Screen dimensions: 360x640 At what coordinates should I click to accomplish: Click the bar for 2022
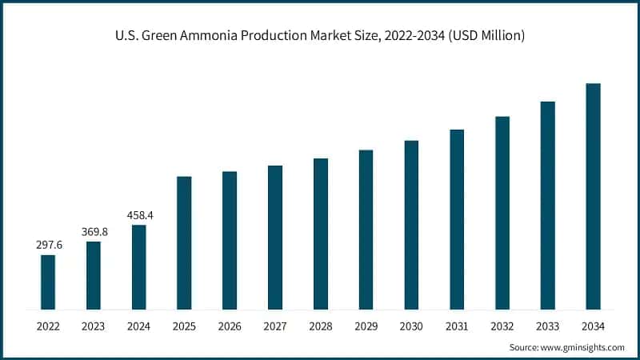(48, 282)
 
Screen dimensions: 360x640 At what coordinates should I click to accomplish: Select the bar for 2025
(184, 242)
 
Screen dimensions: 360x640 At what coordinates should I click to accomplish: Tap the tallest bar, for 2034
(593, 196)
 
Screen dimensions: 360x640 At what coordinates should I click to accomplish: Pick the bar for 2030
(411, 225)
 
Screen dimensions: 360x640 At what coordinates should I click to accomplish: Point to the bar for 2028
(321, 234)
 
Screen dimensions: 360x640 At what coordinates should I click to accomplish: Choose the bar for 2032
(502, 213)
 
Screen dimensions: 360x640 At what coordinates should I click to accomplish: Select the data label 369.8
(94, 232)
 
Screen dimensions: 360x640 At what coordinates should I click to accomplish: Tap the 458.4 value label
(139, 215)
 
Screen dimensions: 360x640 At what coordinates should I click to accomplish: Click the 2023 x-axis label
(94, 326)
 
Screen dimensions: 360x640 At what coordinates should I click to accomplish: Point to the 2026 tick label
(230, 326)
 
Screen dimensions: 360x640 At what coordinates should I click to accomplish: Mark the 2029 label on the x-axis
(366, 326)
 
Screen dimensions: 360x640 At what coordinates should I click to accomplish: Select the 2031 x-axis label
(457, 326)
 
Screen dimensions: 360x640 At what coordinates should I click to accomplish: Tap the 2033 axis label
(547, 326)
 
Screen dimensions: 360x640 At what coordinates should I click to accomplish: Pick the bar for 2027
(275, 237)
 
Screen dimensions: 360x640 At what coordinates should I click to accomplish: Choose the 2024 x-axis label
(139, 326)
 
